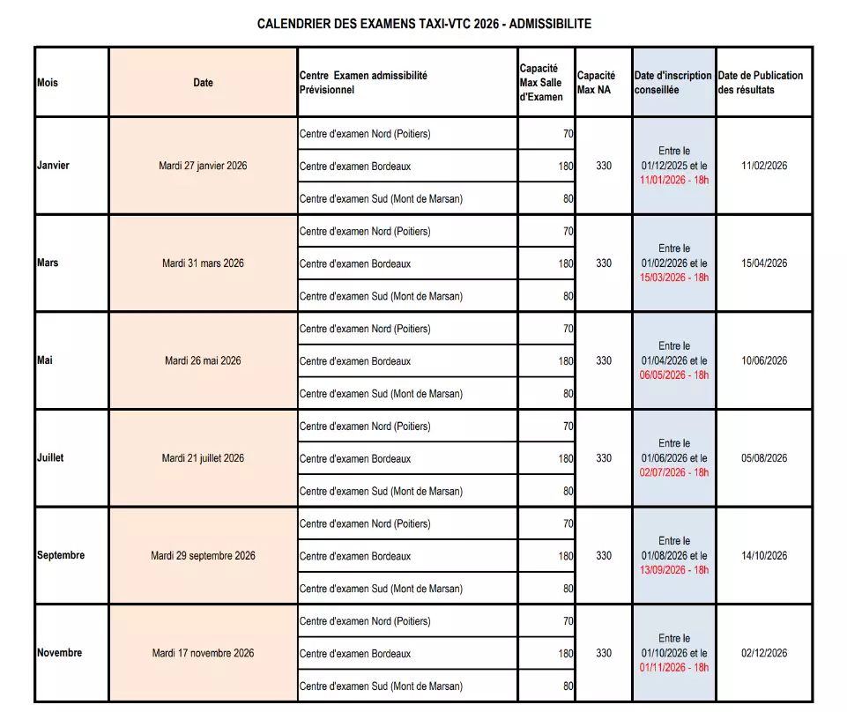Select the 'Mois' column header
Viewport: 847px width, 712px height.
(x=48, y=83)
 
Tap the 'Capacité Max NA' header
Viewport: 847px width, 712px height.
(x=597, y=83)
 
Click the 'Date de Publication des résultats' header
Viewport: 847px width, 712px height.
(x=760, y=83)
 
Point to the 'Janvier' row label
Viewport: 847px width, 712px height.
(x=53, y=166)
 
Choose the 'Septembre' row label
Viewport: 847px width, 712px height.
(x=61, y=556)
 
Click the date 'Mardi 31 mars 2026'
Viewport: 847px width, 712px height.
(x=203, y=263)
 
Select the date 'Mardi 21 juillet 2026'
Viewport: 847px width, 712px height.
(x=203, y=458)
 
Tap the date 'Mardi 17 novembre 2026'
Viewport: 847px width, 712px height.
(x=203, y=653)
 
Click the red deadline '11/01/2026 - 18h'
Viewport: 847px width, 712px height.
(x=674, y=180)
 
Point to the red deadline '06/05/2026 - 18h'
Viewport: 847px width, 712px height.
(x=674, y=375)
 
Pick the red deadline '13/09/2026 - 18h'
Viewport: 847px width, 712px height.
(x=674, y=570)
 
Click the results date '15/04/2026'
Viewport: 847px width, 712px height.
(x=764, y=263)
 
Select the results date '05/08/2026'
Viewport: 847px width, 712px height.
(x=764, y=458)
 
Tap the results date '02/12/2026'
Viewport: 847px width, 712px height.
(x=764, y=653)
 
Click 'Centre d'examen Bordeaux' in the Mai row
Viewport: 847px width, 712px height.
(x=355, y=361)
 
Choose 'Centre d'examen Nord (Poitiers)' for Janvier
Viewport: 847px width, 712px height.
(x=365, y=134)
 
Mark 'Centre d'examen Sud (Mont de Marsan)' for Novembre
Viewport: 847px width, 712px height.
(x=381, y=686)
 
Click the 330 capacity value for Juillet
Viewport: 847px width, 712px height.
(x=604, y=458)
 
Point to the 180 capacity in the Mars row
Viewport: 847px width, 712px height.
(x=565, y=263)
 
